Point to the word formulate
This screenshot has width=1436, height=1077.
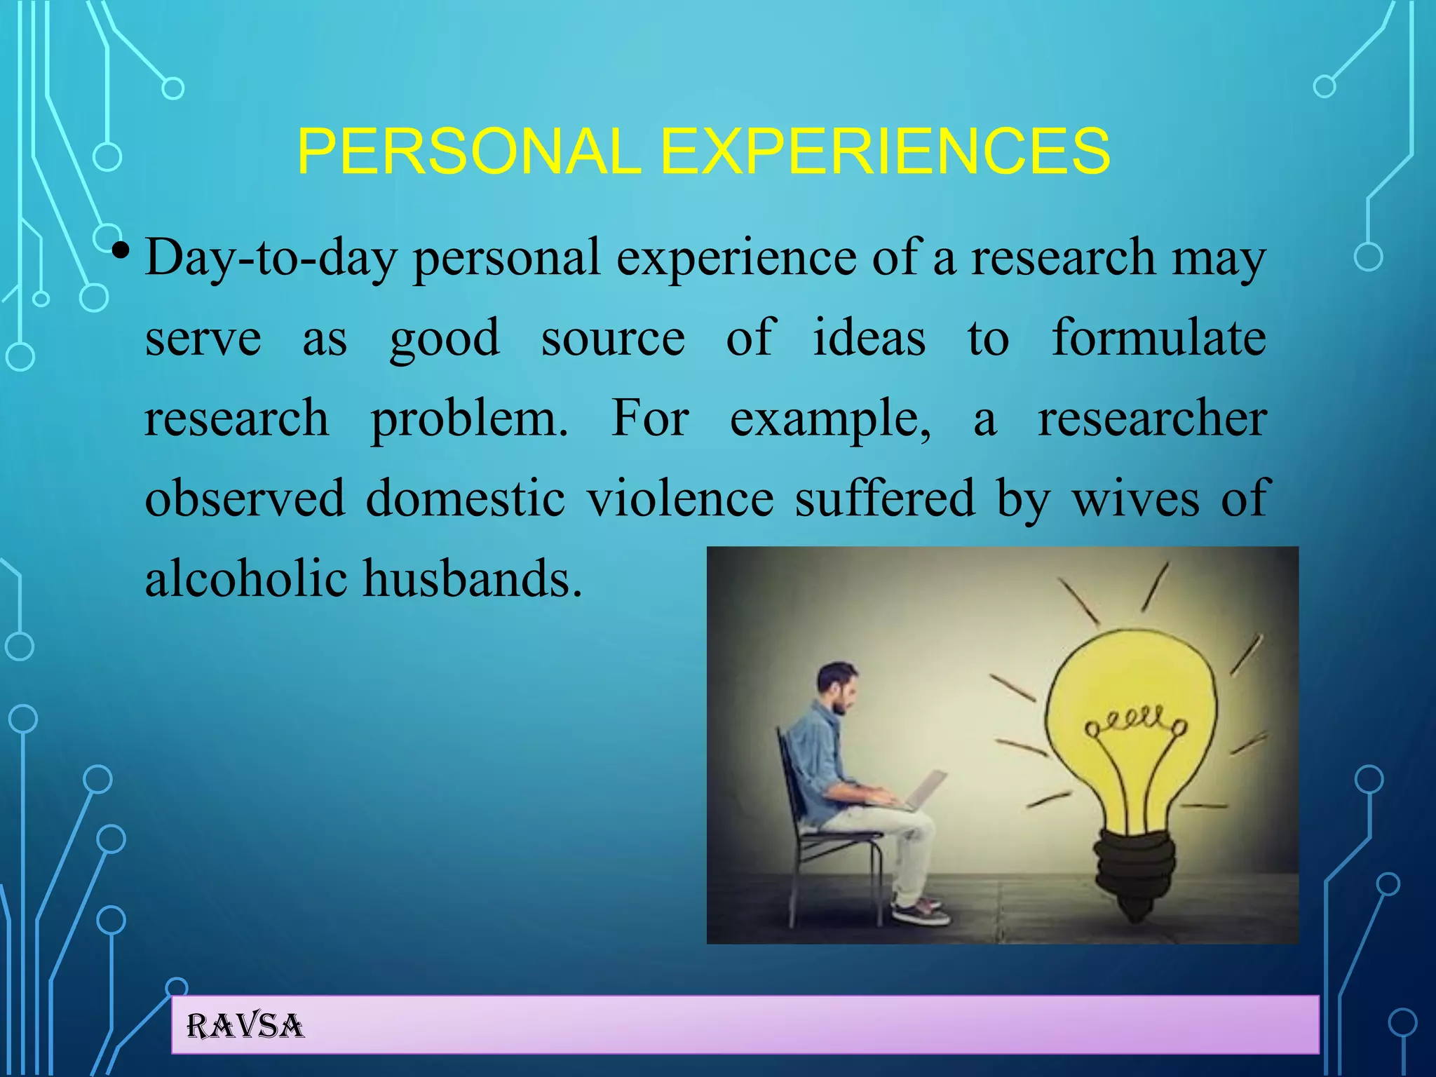(x=1158, y=338)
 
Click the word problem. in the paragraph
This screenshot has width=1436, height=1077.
(x=468, y=419)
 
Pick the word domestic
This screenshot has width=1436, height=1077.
(x=465, y=499)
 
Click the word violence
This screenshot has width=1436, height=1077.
(x=680, y=499)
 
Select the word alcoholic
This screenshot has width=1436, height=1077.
(x=245, y=579)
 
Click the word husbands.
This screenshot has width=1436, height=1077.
(x=472, y=579)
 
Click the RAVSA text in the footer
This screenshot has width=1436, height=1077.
(x=245, y=1026)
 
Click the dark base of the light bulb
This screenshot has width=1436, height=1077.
(x=1135, y=873)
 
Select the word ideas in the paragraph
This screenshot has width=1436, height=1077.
(x=869, y=338)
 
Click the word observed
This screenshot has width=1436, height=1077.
(x=245, y=499)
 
